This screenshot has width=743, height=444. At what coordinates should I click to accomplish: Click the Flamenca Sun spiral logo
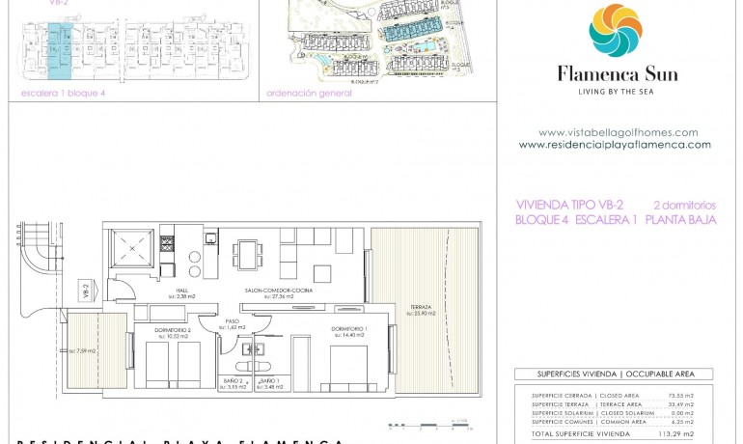point(617,30)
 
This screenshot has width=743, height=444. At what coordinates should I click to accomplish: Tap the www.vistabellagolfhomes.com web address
point(618,132)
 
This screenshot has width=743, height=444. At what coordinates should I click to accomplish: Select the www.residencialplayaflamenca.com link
point(615,145)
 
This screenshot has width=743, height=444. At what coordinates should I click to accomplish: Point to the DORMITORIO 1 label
point(348,329)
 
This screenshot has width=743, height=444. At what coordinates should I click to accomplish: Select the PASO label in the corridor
point(232,322)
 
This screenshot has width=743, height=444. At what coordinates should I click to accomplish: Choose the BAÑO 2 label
point(232,381)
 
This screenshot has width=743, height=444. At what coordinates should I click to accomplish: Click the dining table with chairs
point(247,256)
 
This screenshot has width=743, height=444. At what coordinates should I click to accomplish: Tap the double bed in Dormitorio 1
point(349,368)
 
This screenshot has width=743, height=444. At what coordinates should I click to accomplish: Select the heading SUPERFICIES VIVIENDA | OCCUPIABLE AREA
point(613,374)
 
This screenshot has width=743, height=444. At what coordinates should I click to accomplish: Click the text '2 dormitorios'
point(684,205)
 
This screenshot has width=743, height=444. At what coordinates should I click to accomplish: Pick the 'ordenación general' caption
point(302,94)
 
